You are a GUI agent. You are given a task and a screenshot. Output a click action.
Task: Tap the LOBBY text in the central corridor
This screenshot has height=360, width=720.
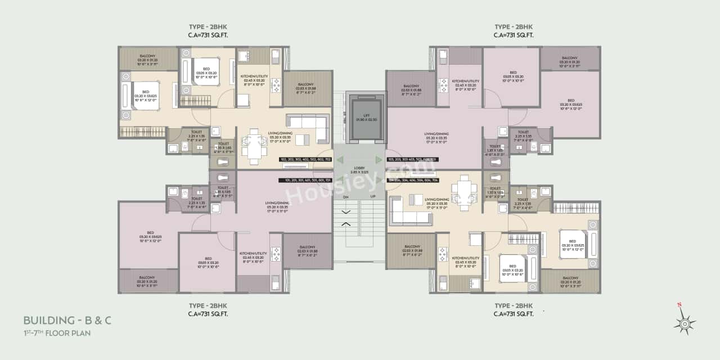click(359, 169)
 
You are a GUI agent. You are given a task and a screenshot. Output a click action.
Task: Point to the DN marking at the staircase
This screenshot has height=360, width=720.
click(345, 196)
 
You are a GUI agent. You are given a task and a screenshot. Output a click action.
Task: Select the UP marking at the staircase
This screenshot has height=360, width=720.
click(372, 196)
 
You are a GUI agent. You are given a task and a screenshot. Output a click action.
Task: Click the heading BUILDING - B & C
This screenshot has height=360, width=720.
click(67, 321)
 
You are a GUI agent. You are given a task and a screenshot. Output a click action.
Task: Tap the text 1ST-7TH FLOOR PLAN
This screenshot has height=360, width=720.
click(57, 333)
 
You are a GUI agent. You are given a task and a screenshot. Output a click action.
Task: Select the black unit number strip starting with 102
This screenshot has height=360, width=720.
click(304, 160)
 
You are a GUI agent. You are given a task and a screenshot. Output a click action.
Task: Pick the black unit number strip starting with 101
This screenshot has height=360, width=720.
click(304, 181)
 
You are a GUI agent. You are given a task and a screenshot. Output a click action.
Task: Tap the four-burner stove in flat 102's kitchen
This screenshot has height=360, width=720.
click(276, 85)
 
